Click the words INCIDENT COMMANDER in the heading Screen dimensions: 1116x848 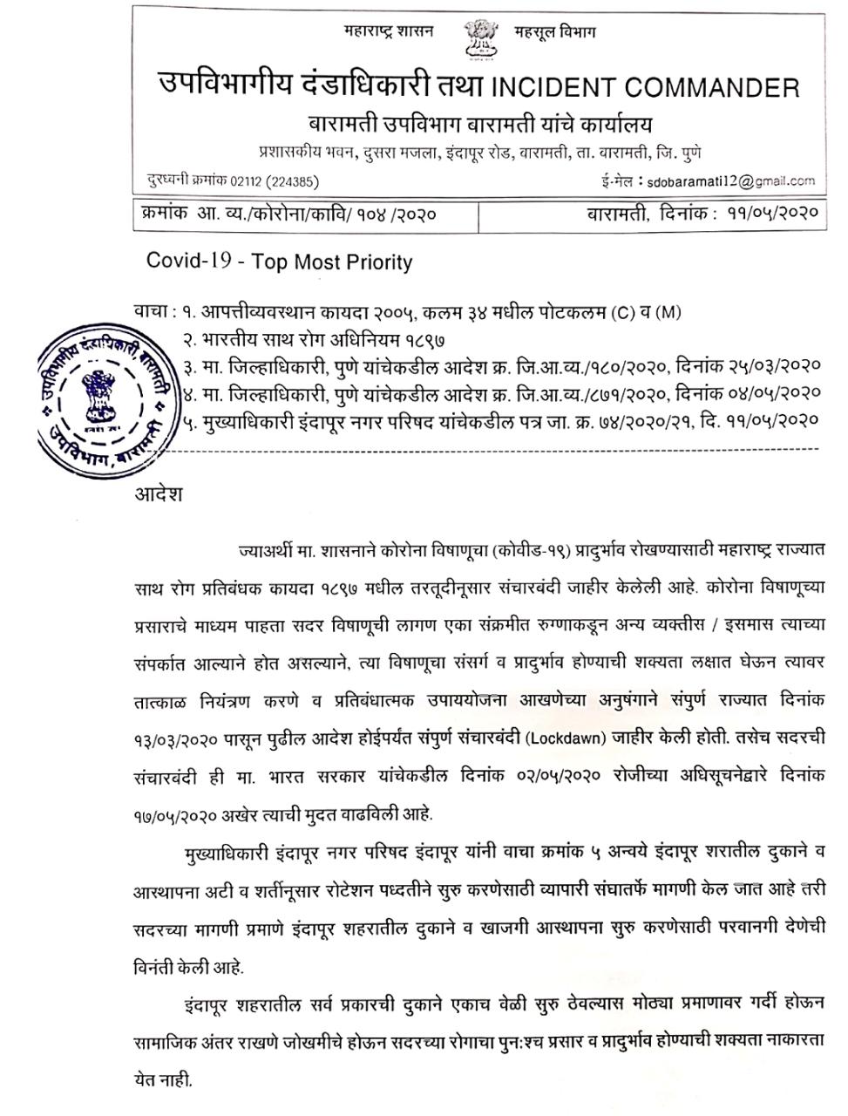pyautogui.click(x=646, y=88)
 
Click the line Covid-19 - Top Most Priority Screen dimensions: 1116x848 pyautogui.click(x=279, y=262)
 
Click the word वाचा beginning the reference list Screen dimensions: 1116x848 pyautogui.click(x=152, y=312)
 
